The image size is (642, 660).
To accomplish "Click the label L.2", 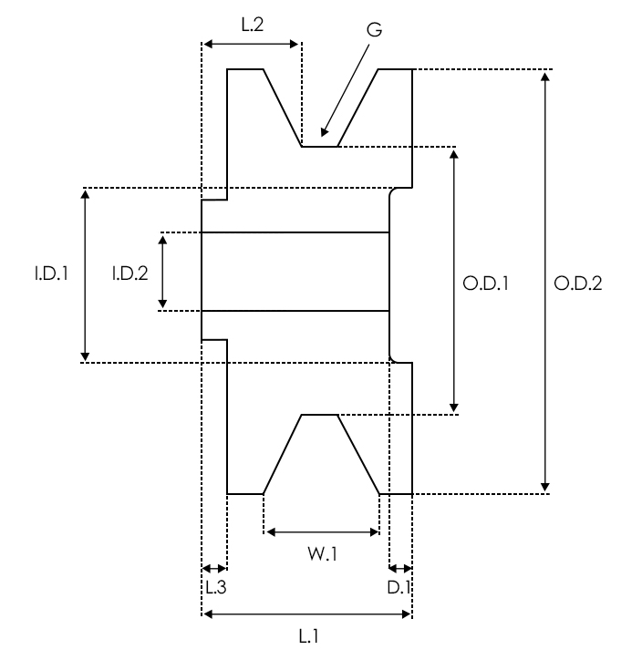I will (253, 26).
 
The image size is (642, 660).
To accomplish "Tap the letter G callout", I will (374, 29).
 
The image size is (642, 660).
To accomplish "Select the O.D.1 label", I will (484, 284).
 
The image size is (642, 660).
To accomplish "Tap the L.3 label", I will (215, 588).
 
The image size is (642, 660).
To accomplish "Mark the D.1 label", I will (399, 588).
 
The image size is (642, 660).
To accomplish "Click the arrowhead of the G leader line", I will (324, 133).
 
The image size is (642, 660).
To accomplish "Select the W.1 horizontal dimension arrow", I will (320, 531).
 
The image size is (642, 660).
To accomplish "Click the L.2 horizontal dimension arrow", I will (251, 43).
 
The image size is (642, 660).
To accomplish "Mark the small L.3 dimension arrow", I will (213, 568).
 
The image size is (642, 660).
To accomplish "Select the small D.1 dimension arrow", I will (400, 568).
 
